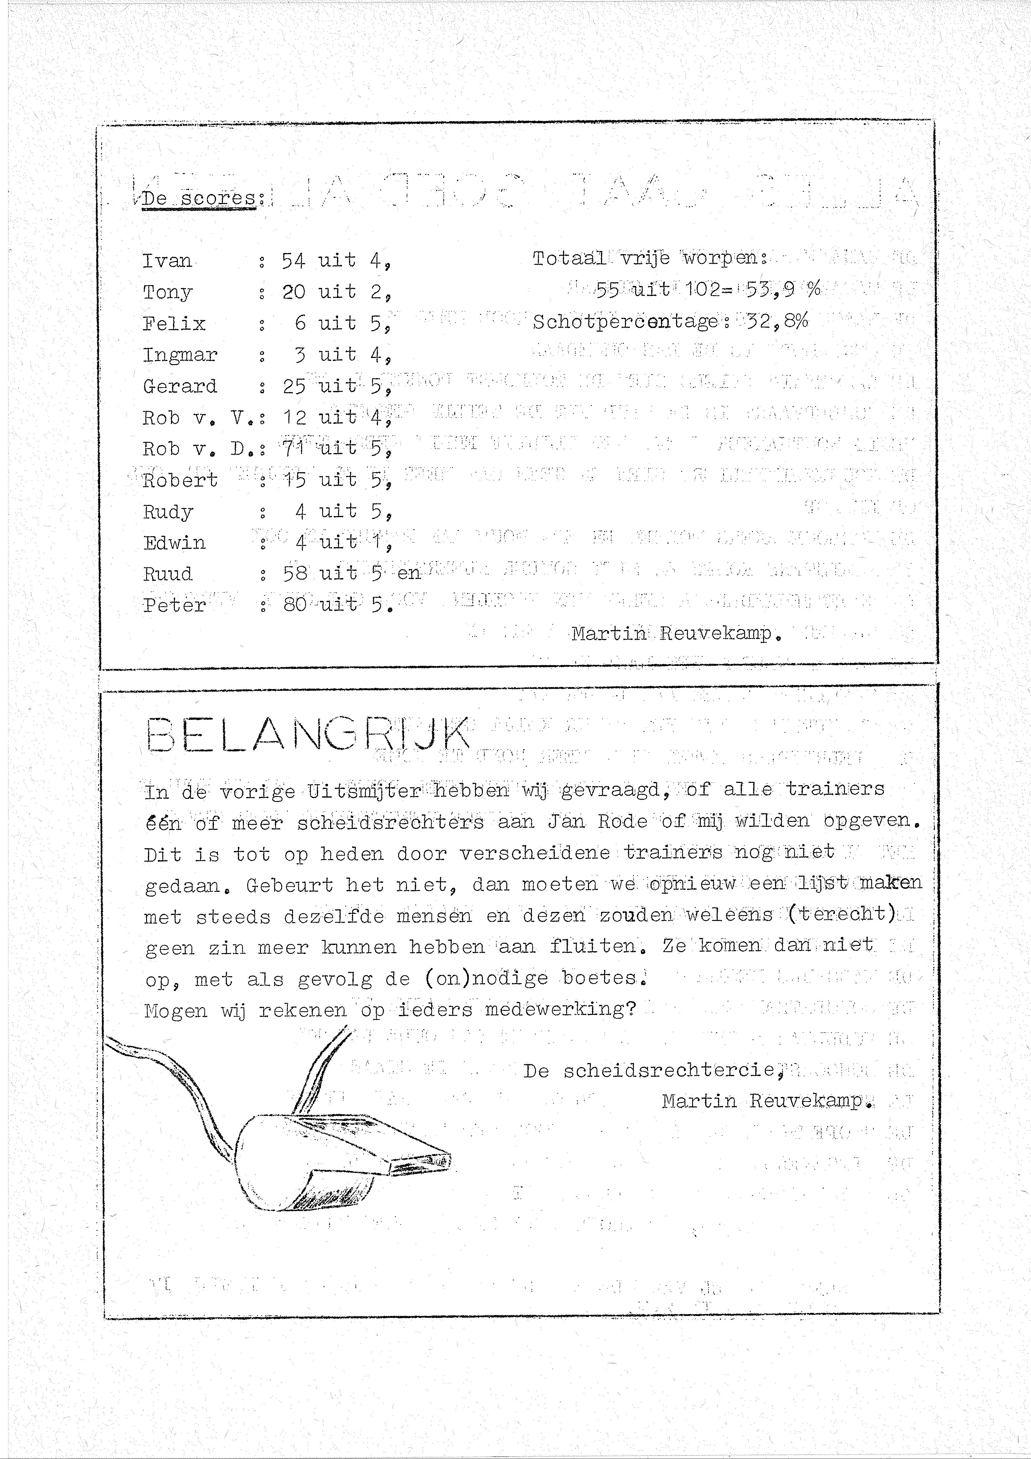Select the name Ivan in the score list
pos(166,260)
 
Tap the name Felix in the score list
pos(174,324)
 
